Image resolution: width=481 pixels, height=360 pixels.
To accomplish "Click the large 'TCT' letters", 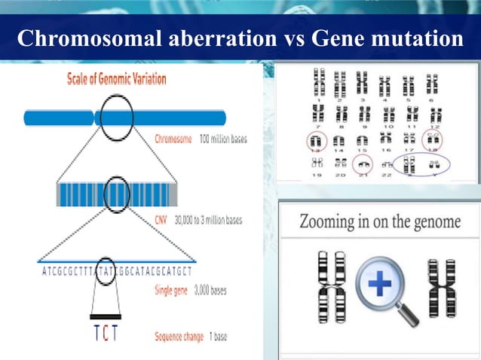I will [108, 334].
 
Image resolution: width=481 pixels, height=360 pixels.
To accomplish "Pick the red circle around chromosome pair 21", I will [363, 163].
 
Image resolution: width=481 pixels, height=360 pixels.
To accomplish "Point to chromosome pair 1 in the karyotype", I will [320, 81].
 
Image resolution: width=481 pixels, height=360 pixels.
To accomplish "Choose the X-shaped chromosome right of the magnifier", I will [437, 288].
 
